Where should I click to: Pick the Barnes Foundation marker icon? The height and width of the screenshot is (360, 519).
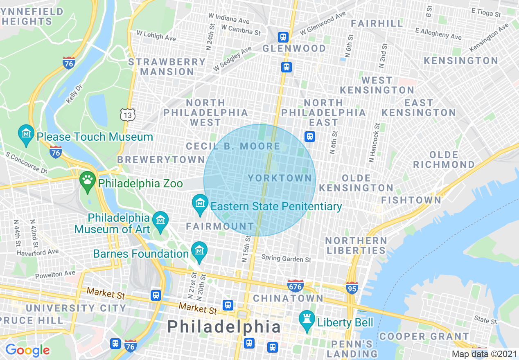199,251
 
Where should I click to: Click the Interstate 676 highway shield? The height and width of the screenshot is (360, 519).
295,285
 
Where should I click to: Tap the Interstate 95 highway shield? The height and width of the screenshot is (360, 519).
352,288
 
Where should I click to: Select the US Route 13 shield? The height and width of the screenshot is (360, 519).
128,115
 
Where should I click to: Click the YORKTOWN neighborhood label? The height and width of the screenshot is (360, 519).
280,178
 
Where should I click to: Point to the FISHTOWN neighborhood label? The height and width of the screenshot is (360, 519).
411,200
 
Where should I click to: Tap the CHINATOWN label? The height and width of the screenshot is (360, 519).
288,298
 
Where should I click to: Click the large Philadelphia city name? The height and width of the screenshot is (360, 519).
224,326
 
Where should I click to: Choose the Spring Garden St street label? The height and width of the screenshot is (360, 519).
287,259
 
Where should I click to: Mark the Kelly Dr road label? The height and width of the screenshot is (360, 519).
72,97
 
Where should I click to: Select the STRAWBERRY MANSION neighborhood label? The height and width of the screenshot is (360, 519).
167,67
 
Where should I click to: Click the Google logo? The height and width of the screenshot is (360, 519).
27,350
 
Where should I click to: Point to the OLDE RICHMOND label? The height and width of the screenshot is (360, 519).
444,160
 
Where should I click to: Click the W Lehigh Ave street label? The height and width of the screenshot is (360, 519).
156,36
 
